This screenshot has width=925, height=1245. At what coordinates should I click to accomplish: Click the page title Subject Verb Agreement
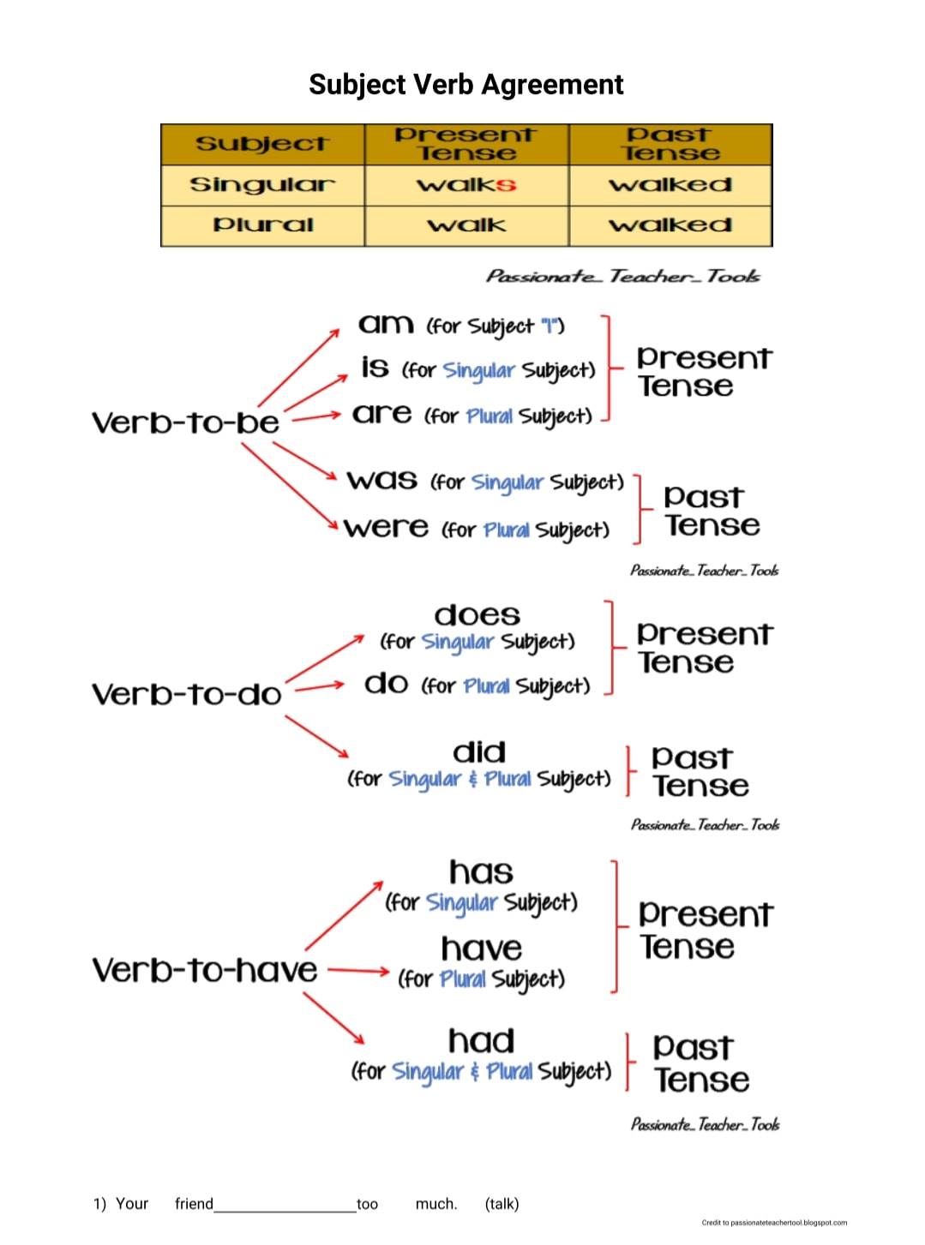[x=466, y=85]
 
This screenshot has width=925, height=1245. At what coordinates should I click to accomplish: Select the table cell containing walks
[x=466, y=185]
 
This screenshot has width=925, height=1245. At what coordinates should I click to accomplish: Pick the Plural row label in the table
[x=263, y=225]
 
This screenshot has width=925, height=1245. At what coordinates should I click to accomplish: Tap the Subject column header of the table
[x=263, y=144]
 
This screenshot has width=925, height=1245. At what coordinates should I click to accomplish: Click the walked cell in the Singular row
[x=670, y=185]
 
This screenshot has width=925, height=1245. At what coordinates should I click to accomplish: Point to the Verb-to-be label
[x=185, y=422]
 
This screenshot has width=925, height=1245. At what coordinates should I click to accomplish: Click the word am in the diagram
[x=386, y=324]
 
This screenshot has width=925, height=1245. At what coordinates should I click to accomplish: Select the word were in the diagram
[x=386, y=527]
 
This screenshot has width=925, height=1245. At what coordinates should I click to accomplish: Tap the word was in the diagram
[x=381, y=480]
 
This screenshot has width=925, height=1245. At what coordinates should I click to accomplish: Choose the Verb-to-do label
[x=187, y=694]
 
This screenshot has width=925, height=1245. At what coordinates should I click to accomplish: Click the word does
[x=477, y=615]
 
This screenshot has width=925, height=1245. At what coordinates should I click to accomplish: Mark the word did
[x=479, y=752]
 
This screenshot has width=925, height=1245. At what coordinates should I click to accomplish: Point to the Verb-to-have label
[x=204, y=971]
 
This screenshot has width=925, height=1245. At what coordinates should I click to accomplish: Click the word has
[x=481, y=872]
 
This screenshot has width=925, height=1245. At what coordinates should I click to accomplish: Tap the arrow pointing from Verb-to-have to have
[x=358, y=971]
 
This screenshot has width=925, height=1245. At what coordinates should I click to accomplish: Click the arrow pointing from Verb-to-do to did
[x=317, y=736]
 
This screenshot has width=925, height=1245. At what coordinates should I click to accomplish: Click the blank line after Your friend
[x=285, y=1212]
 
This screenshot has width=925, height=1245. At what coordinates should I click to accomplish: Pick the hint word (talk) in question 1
[x=502, y=1204]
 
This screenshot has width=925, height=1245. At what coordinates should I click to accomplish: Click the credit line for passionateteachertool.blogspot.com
[x=774, y=1223]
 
